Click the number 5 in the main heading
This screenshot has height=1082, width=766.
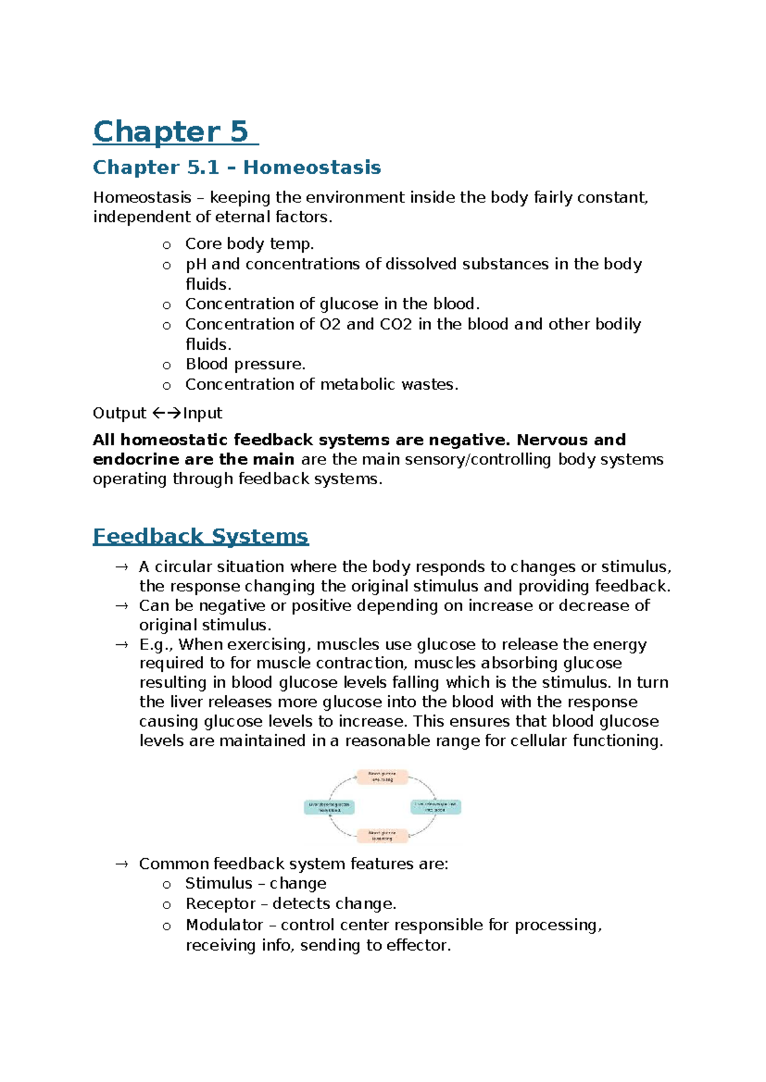[x=239, y=132]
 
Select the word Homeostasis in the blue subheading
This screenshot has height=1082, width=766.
[x=312, y=168]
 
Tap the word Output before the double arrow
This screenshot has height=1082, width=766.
[x=119, y=413]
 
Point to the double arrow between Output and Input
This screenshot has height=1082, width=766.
[x=167, y=413]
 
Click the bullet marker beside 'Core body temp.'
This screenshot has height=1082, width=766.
[x=167, y=245]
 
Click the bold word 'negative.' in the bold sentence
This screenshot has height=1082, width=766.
[x=470, y=440]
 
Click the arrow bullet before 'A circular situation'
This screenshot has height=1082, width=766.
[x=121, y=567]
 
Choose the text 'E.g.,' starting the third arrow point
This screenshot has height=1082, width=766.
[x=156, y=644]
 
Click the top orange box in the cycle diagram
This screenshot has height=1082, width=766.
[x=382, y=776]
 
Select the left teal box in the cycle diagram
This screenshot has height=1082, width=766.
[x=329, y=807]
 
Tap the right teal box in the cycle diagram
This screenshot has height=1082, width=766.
[x=435, y=806]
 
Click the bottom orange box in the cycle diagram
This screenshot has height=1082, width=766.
[x=382, y=835]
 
